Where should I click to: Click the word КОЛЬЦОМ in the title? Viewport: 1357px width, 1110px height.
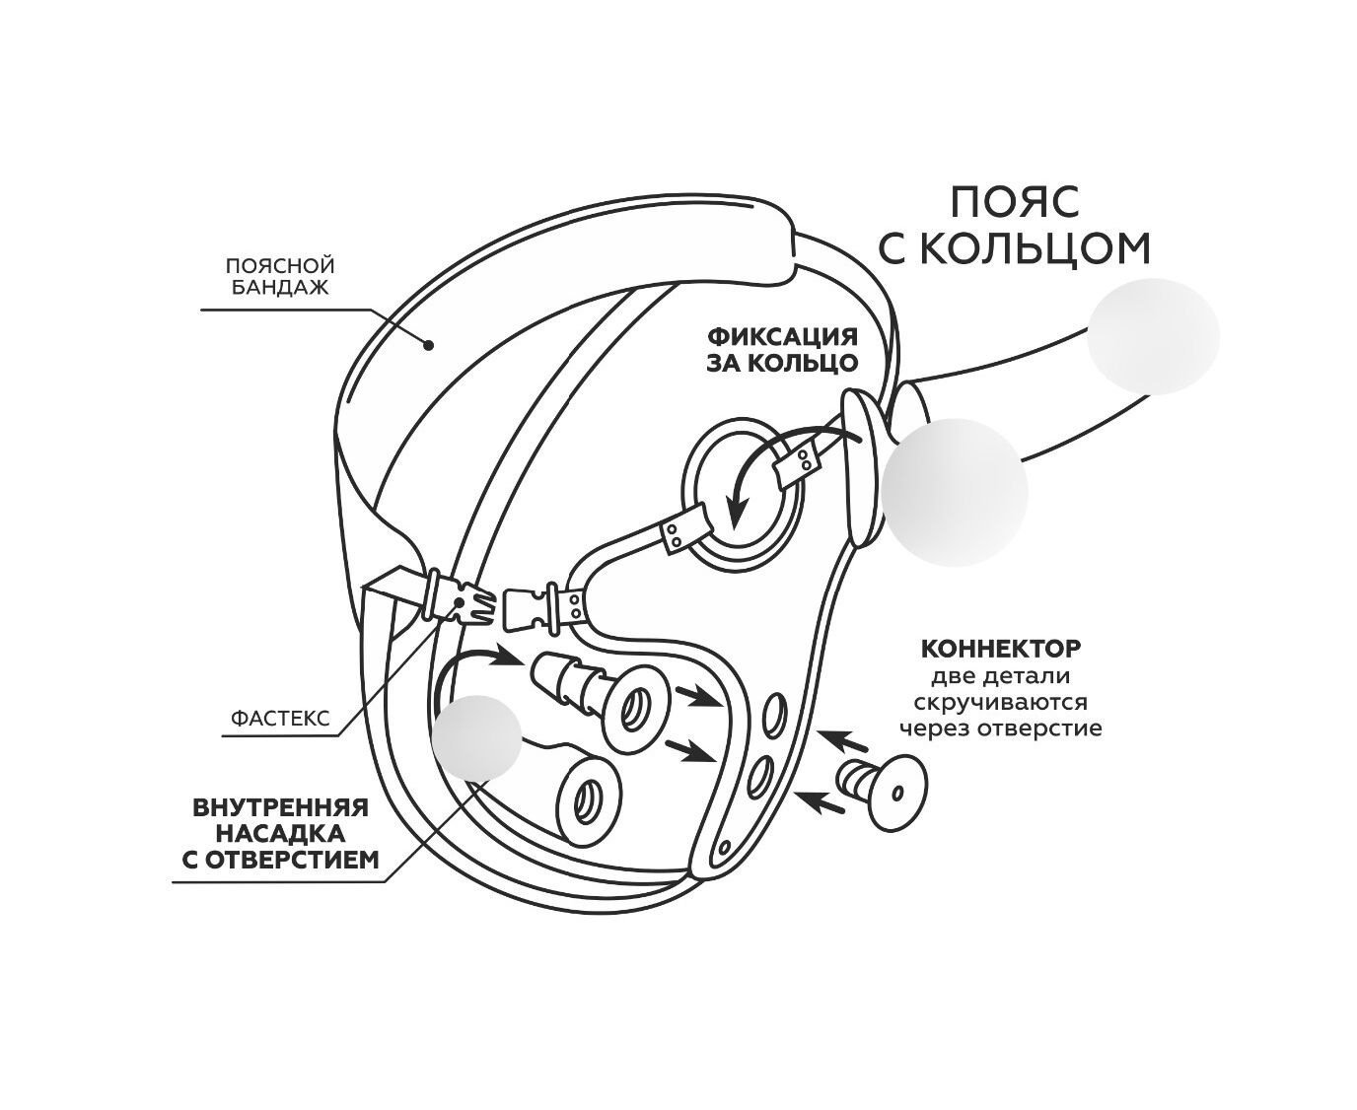click(x=1036, y=248)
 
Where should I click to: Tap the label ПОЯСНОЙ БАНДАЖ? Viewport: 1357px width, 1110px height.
click(x=280, y=276)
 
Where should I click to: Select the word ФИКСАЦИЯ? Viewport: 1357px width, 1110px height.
click(x=782, y=336)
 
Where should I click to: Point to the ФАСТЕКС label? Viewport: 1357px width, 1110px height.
click(x=279, y=718)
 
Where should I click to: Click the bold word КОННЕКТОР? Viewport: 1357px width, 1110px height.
click(x=1001, y=649)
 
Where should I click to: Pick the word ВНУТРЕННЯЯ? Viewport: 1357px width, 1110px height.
click(x=280, y=807)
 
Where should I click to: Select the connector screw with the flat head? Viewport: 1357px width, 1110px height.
click(x=882, y=792)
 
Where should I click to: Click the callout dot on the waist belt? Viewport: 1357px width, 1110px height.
click(x=429, y=345)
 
